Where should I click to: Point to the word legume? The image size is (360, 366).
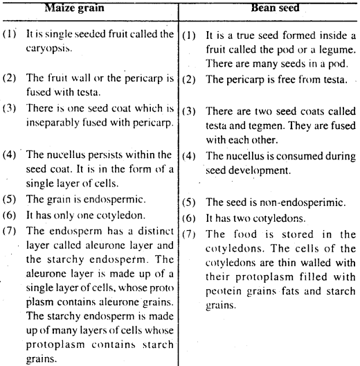coord(334,62)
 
